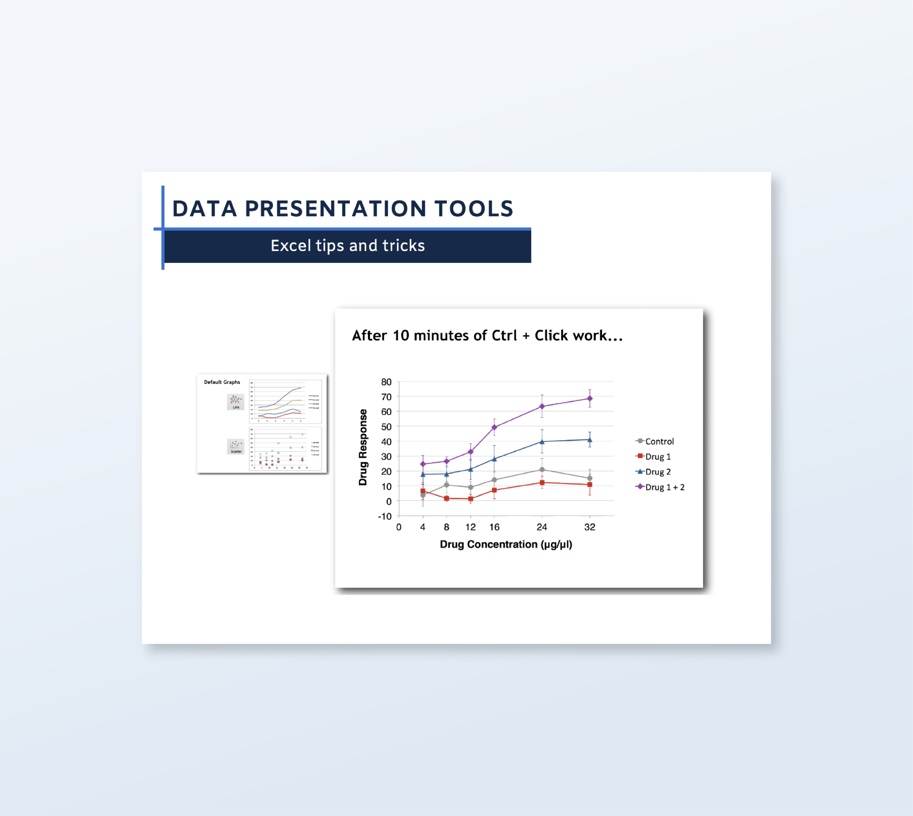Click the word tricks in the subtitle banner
[404, 246]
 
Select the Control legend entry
[659, 441]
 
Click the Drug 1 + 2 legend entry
[664, 487]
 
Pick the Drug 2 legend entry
[658, 472]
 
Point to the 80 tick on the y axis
[386, 382]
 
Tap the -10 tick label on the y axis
[385, 516]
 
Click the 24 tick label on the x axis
[542, 527]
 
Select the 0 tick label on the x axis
[398, 527]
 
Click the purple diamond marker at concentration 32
[590, 398]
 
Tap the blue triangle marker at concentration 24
[542, 442]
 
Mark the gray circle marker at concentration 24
[542, 470]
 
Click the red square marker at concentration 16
[495, 490]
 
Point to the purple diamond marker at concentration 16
[495, 427]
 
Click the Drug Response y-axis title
[363, 447]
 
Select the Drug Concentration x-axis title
[505, 544]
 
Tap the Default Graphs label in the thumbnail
[222, 382]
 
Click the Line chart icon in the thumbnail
[235, 401]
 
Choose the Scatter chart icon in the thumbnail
[235, 446]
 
